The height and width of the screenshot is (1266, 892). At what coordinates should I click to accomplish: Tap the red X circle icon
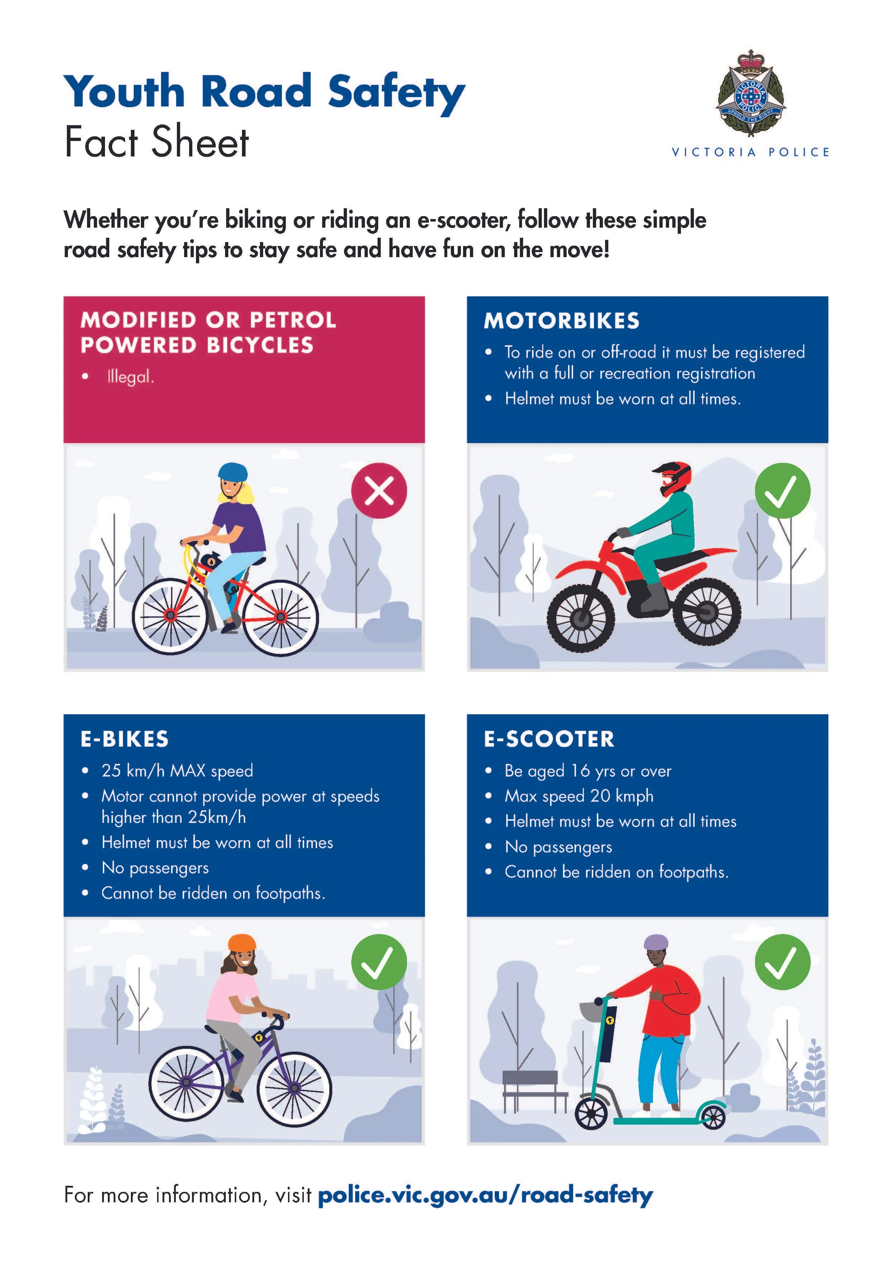379,490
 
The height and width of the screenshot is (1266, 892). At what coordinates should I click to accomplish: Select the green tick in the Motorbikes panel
782,490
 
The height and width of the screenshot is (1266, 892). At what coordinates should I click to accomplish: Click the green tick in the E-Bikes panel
379,962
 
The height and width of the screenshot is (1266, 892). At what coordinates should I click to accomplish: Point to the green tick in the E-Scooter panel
782,962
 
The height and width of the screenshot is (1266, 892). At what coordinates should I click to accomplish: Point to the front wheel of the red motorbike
581,619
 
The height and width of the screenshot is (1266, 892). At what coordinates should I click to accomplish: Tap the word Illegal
131,377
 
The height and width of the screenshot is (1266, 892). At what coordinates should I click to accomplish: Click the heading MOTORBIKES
562,321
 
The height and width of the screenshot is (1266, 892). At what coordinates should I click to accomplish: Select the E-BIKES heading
125,739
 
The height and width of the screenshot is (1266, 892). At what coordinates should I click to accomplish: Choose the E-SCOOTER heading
549,739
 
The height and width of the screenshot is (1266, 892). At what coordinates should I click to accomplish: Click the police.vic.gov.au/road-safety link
486,1195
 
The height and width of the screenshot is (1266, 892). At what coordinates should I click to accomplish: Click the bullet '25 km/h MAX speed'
177,770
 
